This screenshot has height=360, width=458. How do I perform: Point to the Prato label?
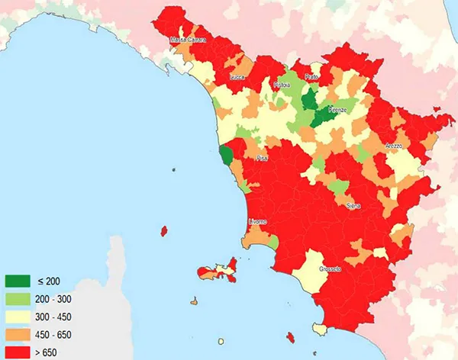311,77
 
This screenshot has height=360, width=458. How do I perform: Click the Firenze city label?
337,111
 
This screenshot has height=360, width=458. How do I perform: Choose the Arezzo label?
392,146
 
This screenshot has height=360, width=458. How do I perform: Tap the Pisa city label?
262,159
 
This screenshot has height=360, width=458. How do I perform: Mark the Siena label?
353,206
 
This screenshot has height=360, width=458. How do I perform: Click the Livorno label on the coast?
258,222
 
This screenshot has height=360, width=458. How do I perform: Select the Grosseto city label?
331,270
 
